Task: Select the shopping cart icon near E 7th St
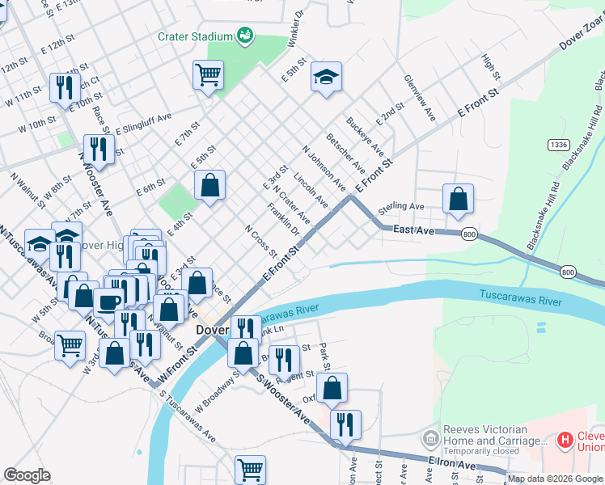(x=208, y=75)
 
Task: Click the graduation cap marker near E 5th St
(x=326, y=77)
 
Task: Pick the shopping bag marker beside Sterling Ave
(x=458, y=198)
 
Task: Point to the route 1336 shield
(x=557, y=145)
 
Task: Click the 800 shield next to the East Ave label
(x=469, y=233)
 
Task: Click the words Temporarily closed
(x=485, y=453)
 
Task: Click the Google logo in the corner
(x=27, y=475)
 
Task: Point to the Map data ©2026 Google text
(x=555, y=479)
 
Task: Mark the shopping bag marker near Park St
(x=332, y=388)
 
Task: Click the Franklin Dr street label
(x=283, y=222)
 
